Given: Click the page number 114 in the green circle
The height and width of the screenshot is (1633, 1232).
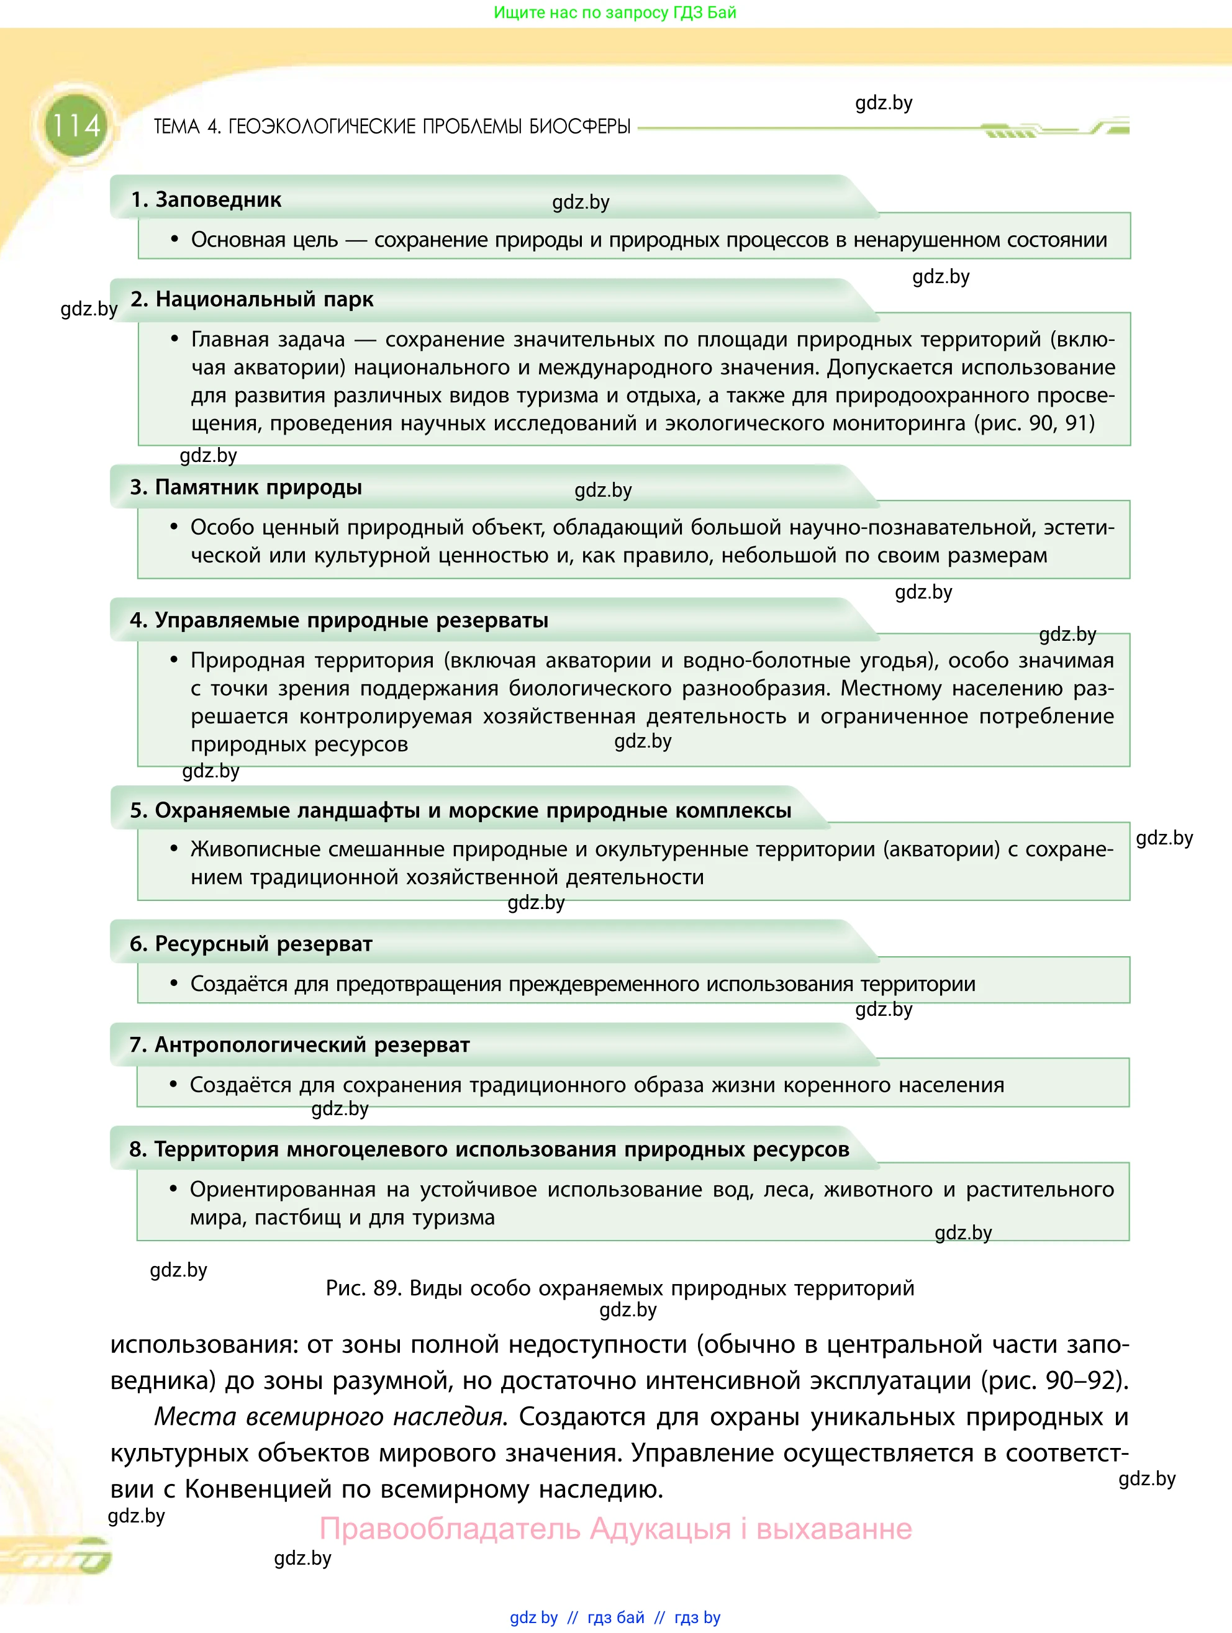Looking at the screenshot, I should click(76, 126).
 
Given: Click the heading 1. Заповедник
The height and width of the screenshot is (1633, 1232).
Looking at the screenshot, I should click(206, 200).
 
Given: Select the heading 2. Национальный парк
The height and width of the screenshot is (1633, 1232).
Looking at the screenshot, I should click(251, 300).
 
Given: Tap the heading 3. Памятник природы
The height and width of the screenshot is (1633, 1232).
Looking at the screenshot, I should click(246, 487).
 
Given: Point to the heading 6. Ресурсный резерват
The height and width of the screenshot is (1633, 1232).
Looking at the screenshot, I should click(251, 944).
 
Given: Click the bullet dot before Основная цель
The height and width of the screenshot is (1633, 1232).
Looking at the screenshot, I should click(175, 239).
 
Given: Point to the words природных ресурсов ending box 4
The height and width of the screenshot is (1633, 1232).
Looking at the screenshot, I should click(299, 744).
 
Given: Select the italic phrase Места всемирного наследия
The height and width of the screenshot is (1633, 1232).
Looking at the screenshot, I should click(330, 1418).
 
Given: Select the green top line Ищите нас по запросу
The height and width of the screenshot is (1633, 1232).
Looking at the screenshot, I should click(615, 12).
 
